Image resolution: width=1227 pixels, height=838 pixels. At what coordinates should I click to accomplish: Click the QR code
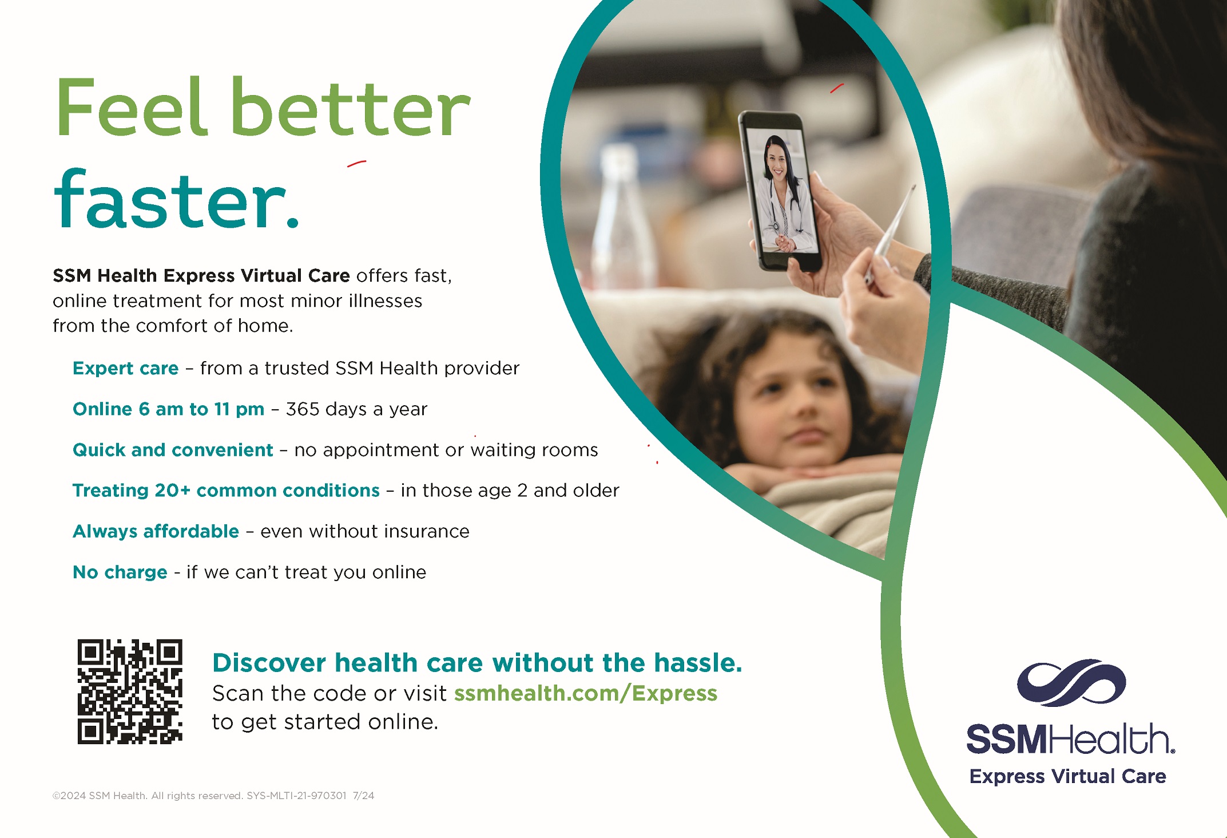[130, 691]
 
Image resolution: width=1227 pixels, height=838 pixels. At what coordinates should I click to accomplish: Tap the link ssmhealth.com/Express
[585, 693]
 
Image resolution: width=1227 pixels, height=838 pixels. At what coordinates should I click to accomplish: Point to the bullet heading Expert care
[126, 368]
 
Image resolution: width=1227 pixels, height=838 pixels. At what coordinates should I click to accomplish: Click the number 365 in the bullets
[303, 409]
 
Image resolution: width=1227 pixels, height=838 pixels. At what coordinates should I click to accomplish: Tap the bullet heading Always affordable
[156, 531]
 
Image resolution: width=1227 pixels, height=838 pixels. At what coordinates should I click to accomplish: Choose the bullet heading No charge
[120, 572]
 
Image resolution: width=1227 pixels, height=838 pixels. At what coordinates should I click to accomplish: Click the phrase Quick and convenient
[173, 450]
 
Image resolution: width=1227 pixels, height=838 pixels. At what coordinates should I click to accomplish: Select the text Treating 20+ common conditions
[226, 491]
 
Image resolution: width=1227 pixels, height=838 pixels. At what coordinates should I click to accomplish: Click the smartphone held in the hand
[780, 191]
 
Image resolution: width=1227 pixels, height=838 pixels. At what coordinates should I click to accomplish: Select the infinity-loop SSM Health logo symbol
[1071, 682]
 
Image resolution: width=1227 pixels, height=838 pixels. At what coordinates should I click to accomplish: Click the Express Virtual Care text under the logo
[1067, 776]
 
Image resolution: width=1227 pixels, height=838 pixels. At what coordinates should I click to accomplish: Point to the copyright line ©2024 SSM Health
[100, 796]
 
